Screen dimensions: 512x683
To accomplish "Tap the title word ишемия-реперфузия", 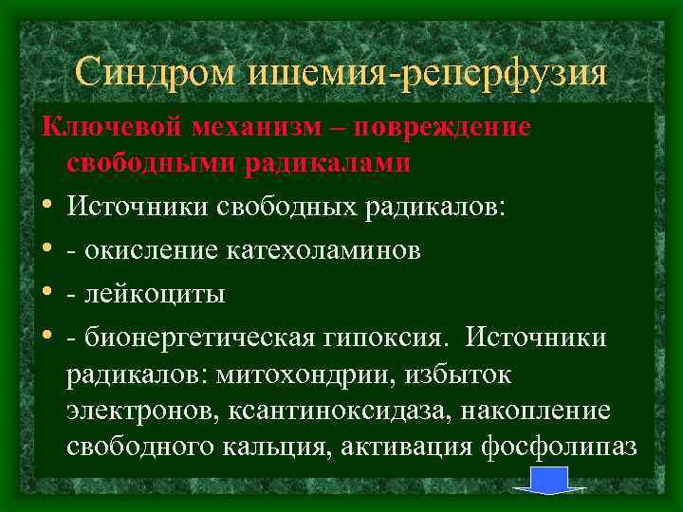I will click(429, 73).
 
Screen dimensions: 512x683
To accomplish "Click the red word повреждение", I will click(453, 127).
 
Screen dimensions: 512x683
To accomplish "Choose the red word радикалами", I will click(328, 163).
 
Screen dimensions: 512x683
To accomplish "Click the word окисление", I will click(151, 250).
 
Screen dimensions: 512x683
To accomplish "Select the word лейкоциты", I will click(155, 294).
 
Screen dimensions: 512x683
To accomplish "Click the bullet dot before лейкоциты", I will click(46, 294).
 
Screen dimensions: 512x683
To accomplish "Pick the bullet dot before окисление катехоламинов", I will click(46, 250).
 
